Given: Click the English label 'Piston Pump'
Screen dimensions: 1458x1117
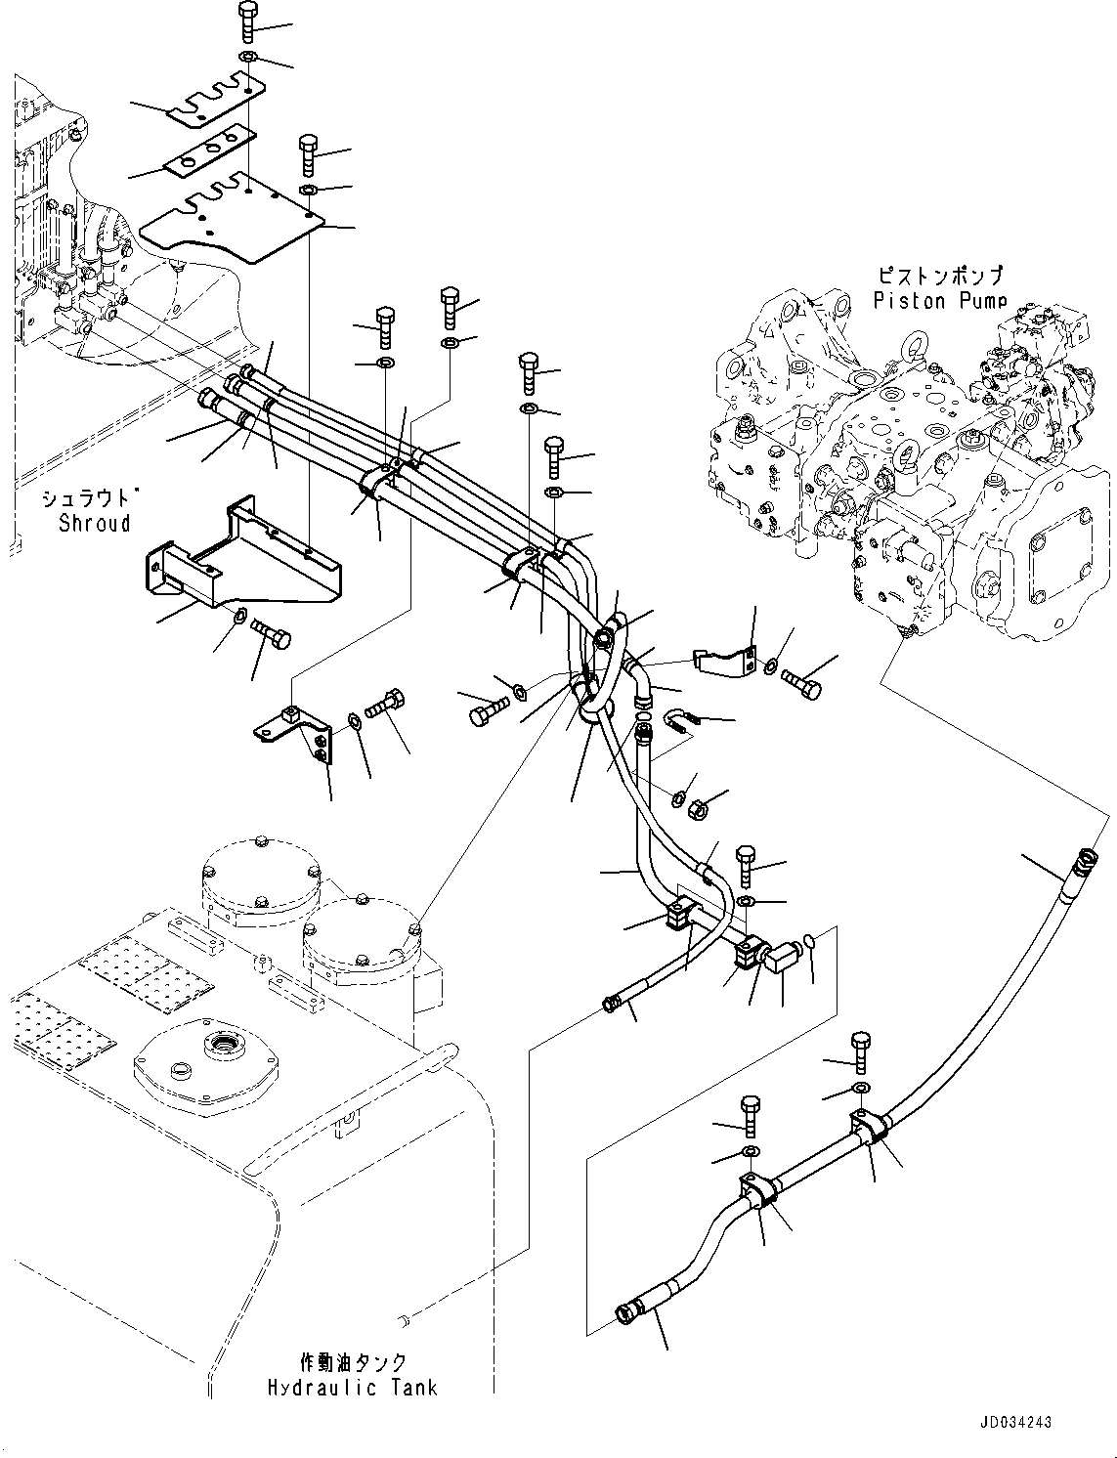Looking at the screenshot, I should tap(939, 301).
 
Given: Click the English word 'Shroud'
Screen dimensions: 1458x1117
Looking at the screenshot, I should tap(94, 523).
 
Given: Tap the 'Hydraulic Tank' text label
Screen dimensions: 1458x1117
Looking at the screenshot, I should tap(353, 1387).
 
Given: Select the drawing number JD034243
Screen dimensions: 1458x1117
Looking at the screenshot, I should tap(1013, 1423).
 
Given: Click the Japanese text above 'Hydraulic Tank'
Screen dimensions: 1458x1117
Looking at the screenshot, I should tap(353, 1361).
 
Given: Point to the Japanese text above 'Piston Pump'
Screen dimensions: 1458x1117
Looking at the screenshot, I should tap(939, 278).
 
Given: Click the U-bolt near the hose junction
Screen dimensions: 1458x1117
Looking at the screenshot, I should tap(678, 722).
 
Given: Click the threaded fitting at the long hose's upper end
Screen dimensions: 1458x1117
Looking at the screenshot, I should tap(1083, 860).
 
